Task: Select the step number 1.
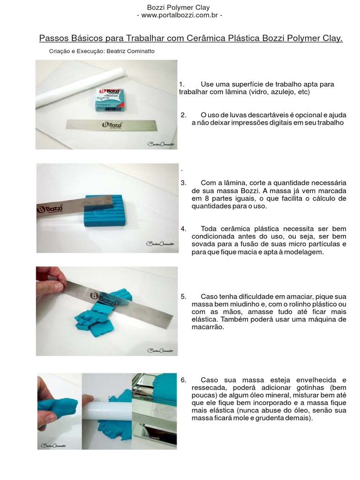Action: (182, 84)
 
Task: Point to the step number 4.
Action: (183, 229)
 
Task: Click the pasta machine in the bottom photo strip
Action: (154, 412)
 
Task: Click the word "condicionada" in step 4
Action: (214, 237)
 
